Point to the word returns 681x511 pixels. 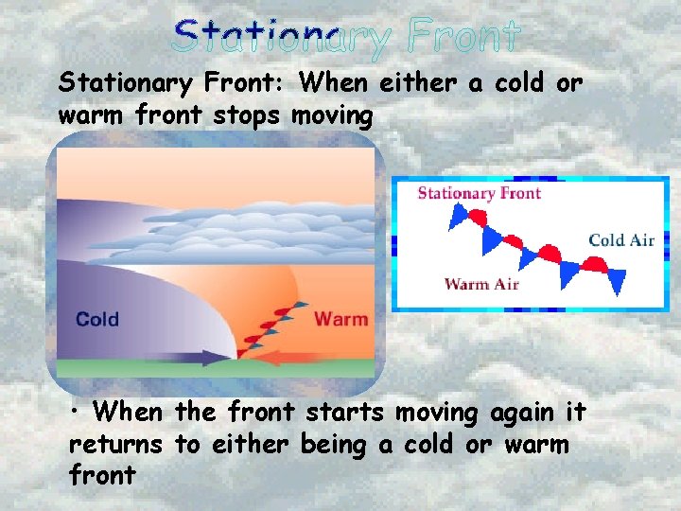[117, 444]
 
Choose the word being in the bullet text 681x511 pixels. [340, 444]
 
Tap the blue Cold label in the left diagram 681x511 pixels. [97, 319]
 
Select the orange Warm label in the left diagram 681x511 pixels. [340, 319]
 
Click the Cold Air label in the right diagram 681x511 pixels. [621, 239]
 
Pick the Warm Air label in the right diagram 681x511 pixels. [480, 283]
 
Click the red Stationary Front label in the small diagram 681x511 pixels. [480, 194]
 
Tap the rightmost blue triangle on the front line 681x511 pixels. [616, 280]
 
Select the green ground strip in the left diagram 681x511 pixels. [142, 370]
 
